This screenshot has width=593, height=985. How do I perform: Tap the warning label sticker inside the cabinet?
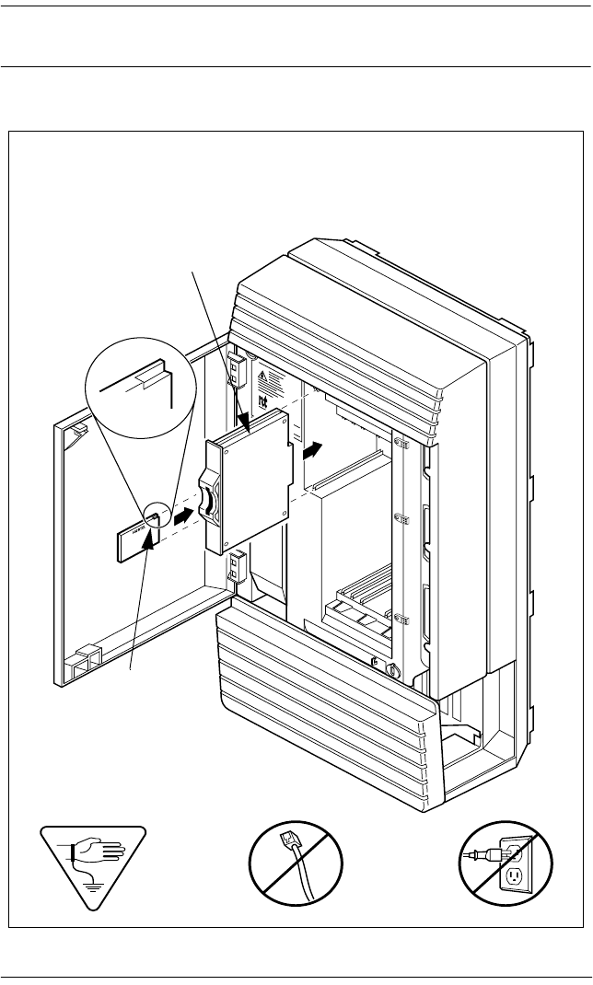pyautogui.click(x=265, y=377)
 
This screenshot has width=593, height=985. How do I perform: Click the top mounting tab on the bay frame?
pyautogui.click(x=402, y=444)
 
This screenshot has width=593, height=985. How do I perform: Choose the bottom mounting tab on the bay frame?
pyautogui.click(x=402, y=617)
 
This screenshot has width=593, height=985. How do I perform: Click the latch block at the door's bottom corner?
pyautogui.click(x=82, y=660)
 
